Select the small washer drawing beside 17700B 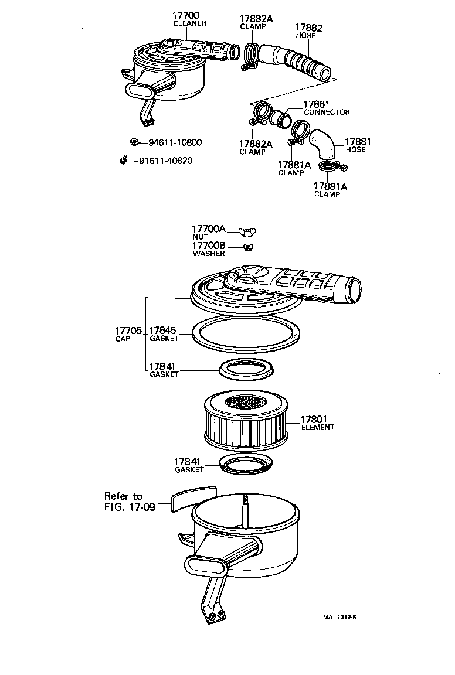click(x=249, y=247)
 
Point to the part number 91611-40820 click(x=165, y=161)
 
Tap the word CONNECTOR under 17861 click(x=326, y=112)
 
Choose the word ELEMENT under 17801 click(x=317, y=428)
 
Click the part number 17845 click(x=164, y=330)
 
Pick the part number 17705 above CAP click(x=128, y=331)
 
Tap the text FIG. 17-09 click(x=130, y=507)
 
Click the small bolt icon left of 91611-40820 click(x=124, y=160)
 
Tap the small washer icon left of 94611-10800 click(x=134, y=142)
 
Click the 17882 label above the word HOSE click(x=308, y=28)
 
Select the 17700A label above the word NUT click(x=209, y=229)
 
